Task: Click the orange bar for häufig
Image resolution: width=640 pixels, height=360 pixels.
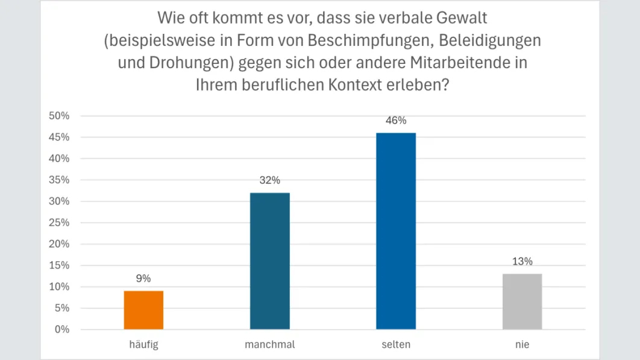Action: [143, 310]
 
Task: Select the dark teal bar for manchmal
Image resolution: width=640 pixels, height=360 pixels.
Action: [269, 261]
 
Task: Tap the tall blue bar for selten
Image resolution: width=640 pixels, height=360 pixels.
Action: [396, 231]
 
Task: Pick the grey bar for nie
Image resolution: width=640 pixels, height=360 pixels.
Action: [522, 302]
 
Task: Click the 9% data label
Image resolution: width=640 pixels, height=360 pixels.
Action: [143, 279]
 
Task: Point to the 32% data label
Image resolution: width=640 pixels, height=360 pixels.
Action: [269, 180]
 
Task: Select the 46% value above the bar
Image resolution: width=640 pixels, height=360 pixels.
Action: [396, 121]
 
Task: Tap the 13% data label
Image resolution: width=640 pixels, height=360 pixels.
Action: [522, 262]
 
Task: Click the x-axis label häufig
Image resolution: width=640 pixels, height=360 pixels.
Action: [143, 345]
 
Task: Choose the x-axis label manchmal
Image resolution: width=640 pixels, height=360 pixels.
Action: [269, 345]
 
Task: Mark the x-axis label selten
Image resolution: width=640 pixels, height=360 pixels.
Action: [396, 345]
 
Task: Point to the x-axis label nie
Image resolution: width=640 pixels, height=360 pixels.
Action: [522, 345]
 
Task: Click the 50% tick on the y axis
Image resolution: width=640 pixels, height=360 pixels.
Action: [59, 116]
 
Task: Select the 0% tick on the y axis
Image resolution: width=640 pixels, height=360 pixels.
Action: [62, 330]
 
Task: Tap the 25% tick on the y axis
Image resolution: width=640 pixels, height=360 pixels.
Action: [59, 223]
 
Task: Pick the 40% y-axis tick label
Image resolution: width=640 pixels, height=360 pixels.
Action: [59, 159]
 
